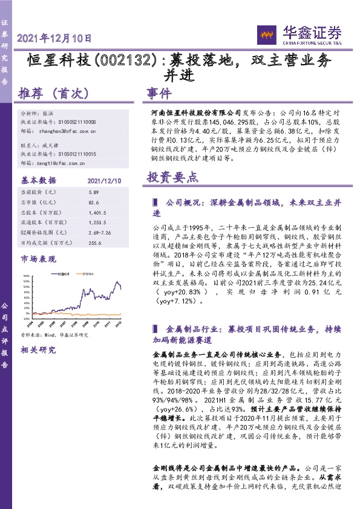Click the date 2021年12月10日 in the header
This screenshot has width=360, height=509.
(x=56, y=38)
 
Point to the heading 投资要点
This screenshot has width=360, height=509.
(x=172, y=177)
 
